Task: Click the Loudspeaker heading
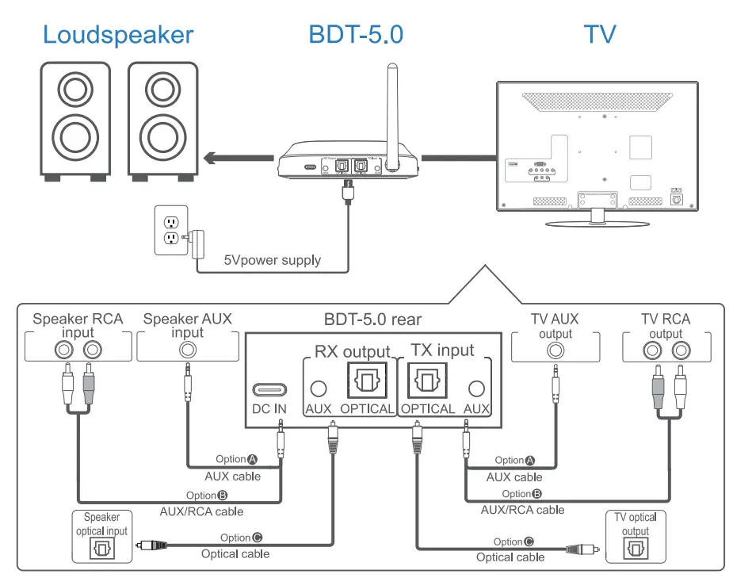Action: coord(118,35)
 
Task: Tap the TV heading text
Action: coord(600,35)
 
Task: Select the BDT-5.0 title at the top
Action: coord(356,35)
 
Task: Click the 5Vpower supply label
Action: coord(272,260)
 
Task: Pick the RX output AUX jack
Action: coord(319,389)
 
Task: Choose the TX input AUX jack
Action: coord(477,389)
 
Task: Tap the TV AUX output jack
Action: coord(555,349)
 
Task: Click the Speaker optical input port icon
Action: coord(101,549)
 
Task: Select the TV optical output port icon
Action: coord(636,549)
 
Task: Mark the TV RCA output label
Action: coord(665,326)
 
